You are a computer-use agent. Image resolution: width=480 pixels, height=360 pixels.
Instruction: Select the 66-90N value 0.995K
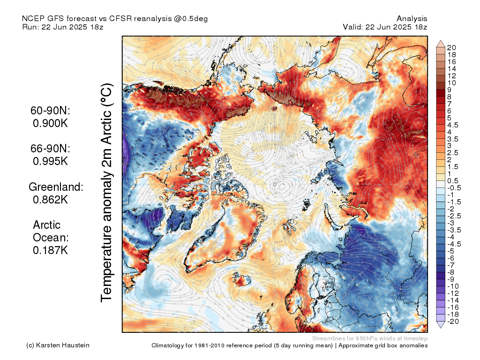pyautogui.click(x=51, y=161)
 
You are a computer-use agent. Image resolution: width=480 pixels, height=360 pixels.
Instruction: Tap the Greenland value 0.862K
pyautogui.click(x=51, y=199)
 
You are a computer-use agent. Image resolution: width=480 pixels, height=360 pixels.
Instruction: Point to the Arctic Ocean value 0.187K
pyautogui.click(x=51, y=250)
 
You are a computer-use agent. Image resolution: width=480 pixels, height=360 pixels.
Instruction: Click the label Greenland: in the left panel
pyautogui.click(x=56, y=187)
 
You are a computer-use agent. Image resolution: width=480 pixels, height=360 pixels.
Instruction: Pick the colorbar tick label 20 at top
pyautogui.click(x=452, y=47)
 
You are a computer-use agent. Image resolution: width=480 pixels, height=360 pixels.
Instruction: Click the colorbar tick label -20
pyautogui.click(x=452, y=321)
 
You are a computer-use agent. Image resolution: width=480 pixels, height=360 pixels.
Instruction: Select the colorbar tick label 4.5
pyautogui.click(x=453, y=125)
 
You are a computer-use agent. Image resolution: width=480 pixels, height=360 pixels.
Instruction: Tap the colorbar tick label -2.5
pyautogui.click(x=454, y=216)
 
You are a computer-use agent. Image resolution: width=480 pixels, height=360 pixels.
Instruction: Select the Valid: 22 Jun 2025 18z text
pyautogui.click(x=385, y=27)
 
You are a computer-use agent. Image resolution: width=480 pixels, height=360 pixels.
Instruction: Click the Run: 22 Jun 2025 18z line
pyautogui.click(x=63, y=27)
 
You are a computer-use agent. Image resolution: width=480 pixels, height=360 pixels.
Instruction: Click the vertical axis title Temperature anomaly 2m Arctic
pyautogui.click(x=107, y=192)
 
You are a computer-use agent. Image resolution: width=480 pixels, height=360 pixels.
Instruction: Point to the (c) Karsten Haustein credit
pyautogui.click(x=58, y=345)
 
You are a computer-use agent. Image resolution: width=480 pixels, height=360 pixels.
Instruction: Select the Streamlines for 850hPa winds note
pyautogui.click(x=369, y=338)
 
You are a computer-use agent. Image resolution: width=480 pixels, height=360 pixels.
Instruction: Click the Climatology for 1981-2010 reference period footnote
pyautogui.click(x=289, y=345)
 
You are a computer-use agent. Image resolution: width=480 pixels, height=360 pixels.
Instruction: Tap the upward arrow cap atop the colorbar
pyautogui.click(x=441, y=44)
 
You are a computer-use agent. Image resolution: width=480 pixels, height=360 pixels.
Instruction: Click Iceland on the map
pyautogui.click(x=243, y=281)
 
